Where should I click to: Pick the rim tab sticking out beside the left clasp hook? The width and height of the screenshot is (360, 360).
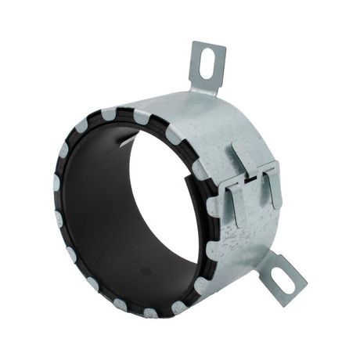tap(214, 206)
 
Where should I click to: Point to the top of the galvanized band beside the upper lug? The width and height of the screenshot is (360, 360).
tap(168, 106)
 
